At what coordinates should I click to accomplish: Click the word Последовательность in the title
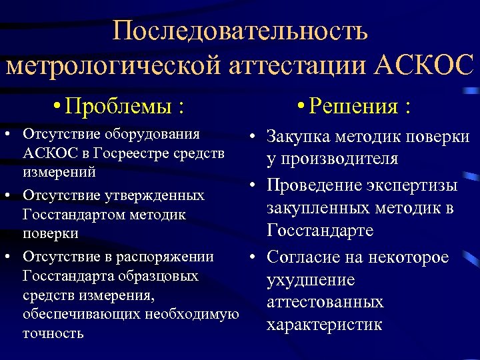(240, 30)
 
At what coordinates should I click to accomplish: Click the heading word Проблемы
(121, 107)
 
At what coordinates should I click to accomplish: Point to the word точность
(53, 333)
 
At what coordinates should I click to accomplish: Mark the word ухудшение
(311, 280)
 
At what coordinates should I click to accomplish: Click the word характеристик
(325, 325)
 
